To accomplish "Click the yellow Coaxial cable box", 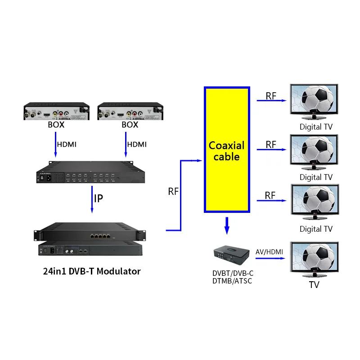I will pyautogui.click(x=226, y=149).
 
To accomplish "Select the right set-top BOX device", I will pyautogui.click(x=130, y=111).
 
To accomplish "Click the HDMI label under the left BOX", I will pyautogui.click(x=67, y=144).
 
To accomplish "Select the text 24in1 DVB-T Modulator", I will pyautogui.click(x=92, y=271).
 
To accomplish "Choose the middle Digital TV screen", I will pyautogui.click(x=314, y=152).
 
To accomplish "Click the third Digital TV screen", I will pyautogui.click(x=314, y=203).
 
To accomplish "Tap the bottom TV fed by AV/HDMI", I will pyautogui.click(x=314, y=260).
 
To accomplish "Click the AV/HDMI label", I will pyautogui.click(x=269, y=252).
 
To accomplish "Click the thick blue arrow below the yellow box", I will pyautogui.click(x=227, y=225).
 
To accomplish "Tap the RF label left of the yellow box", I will pyautogui.click(x=173, y=192).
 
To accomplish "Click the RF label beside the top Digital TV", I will pyautogui.click(x=271, y=96).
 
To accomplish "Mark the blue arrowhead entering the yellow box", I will pyautogui.click(x=200, y=160).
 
